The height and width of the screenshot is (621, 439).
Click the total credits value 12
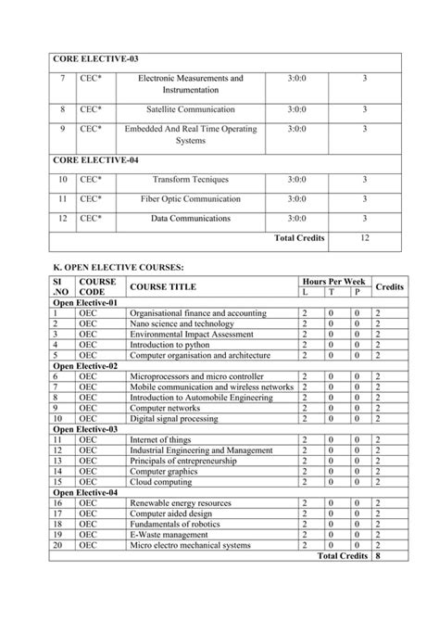pyautogui.click(x=365, y=238)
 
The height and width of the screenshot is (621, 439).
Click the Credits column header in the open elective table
pyautogui.click(x=389, y=286)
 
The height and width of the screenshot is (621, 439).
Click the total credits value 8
pyautogui.click(x=378, y=556)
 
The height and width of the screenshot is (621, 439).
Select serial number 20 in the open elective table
pyautogui.click(x=58, y=546)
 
